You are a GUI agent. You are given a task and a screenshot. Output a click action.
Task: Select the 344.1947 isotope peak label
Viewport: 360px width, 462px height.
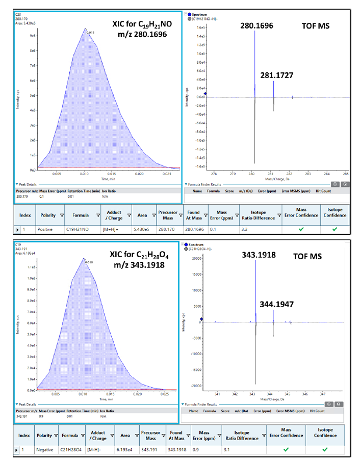point(278,304)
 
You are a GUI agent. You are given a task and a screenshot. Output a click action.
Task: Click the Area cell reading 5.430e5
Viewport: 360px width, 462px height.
point(143,229)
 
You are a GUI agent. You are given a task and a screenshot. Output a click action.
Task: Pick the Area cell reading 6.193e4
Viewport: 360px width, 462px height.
point(125,450)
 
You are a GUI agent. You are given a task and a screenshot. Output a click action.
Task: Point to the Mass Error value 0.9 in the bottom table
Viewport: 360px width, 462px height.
point(197,450)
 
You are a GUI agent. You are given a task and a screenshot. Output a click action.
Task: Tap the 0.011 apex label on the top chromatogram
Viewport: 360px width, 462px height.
point(91,33)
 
